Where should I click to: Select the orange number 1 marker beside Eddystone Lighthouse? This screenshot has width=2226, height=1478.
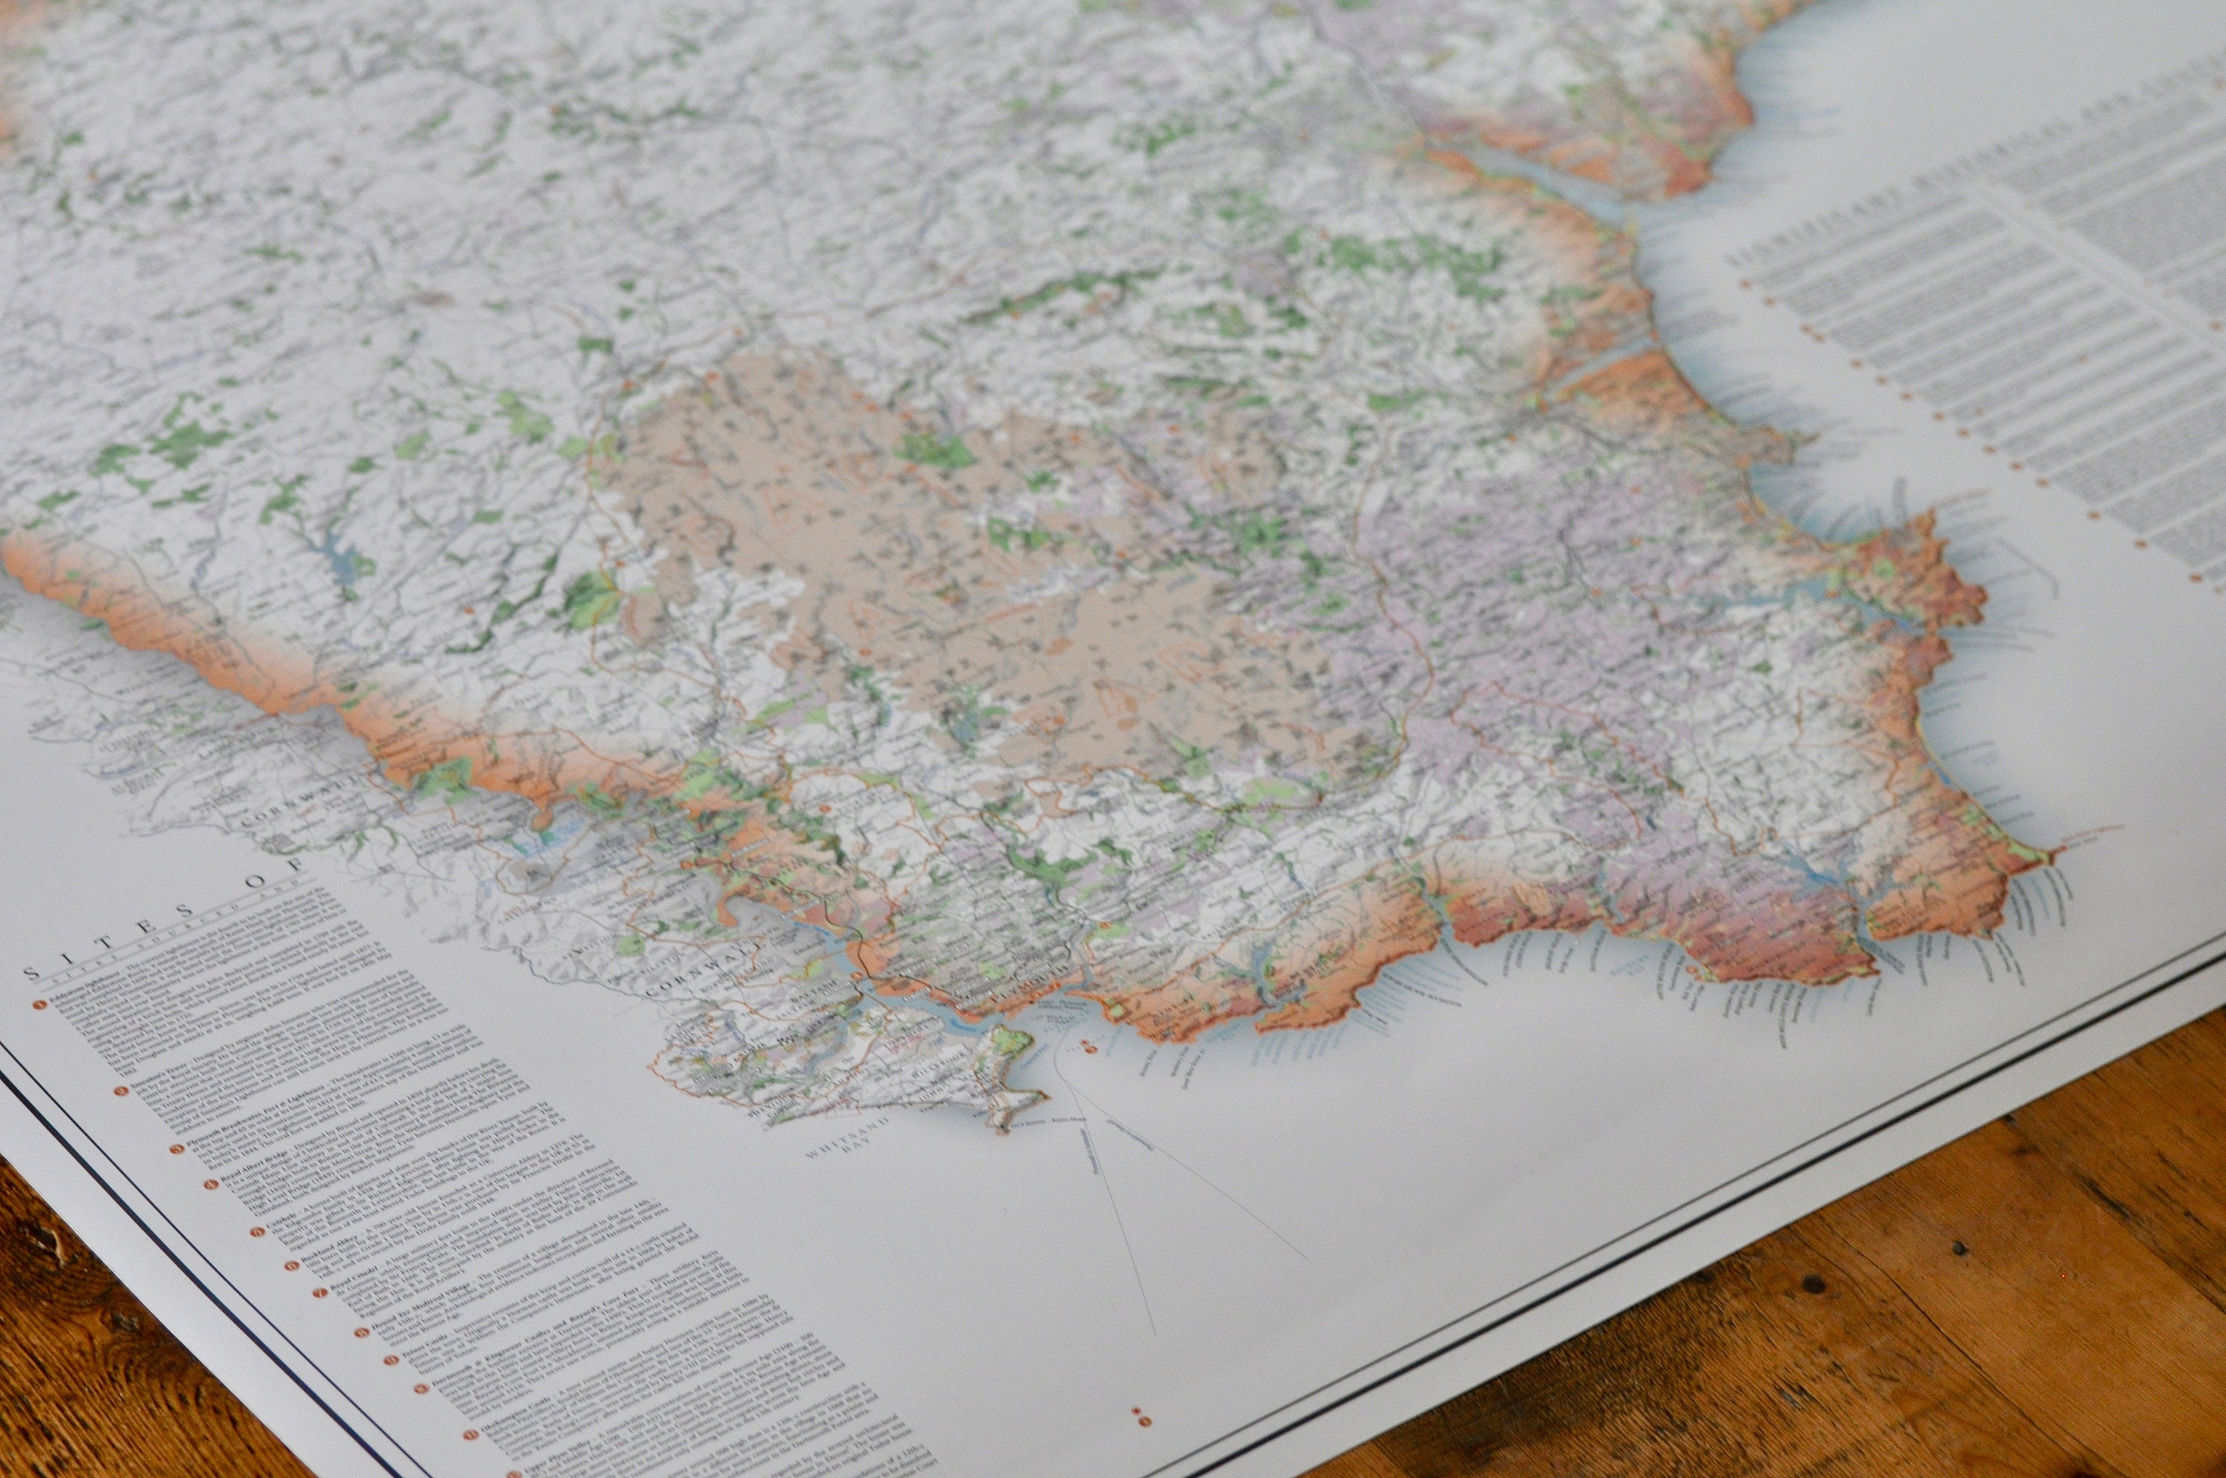pos(39,1005)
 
